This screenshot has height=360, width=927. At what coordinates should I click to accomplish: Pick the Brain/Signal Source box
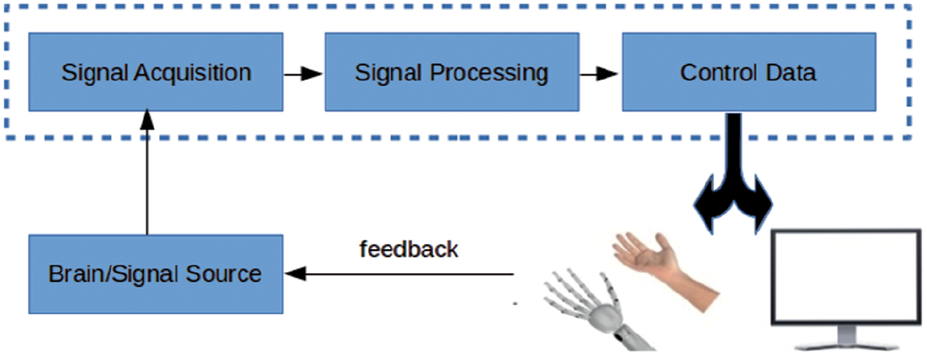coord(156,274)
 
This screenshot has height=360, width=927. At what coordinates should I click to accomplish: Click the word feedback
coord(408,249)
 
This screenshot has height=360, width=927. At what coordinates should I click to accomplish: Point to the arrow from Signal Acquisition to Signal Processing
coord(303,72)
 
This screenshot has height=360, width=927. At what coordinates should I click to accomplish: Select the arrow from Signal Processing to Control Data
coord(600,72)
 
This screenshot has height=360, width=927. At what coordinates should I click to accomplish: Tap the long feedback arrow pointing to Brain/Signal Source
coord(400,274)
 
